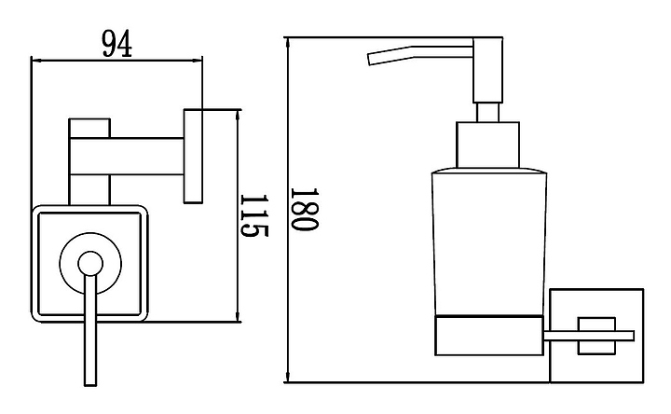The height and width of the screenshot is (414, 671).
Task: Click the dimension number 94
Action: pyautogui.click(x=116, y=42)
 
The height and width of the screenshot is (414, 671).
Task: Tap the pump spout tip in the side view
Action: pyautogui.click(x=372, y=60)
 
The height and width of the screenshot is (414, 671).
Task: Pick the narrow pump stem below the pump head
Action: pyautogui.click(x=486, y=113)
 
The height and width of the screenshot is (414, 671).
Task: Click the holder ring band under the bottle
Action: pyautogui.click(x=489, y=336)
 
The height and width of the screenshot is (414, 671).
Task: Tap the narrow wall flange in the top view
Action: pyautogui.click(x=194, y=157)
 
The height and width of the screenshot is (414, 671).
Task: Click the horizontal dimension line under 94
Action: pyautogui.click(x=116, y=60)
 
